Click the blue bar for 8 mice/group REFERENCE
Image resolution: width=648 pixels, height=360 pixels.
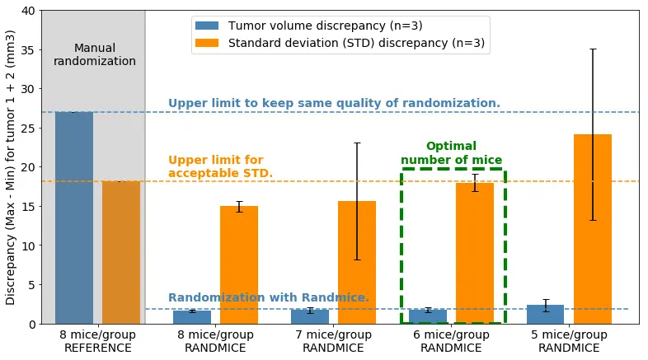pyautogui.click(x=74, y=217)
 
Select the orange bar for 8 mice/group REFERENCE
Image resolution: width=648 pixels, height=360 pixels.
pyautogui.click(x=121, y=252)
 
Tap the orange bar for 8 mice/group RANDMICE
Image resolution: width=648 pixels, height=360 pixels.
pyautogui.click(x=239, y=264)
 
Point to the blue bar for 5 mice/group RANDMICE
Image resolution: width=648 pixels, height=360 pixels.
pyautogui.click(x=545, y=315)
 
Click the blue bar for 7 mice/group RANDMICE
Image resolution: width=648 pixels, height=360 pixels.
pyautogui.click(x=310, y=317)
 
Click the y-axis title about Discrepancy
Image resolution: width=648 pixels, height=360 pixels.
pyautogui.click(x=11, y=167)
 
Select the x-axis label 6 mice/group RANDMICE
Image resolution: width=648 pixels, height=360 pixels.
pyautogui.click(x=451, y=341)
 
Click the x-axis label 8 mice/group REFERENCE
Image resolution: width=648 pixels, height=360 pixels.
pyautogui.click(x=97, y=341)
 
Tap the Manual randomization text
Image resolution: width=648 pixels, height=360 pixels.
pyautogui.click(x=95, y=54)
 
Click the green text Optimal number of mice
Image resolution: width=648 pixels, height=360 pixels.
pyautogui.click(x=451, y=153)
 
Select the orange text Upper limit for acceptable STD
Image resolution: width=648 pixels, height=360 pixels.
pyautogui.click(x=220, y=166)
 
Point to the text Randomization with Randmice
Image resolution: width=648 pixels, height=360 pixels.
pyautogui.click(x=269, y=297)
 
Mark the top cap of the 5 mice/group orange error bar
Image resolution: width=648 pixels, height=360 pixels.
pyautogui.click(x=593, y=49)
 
